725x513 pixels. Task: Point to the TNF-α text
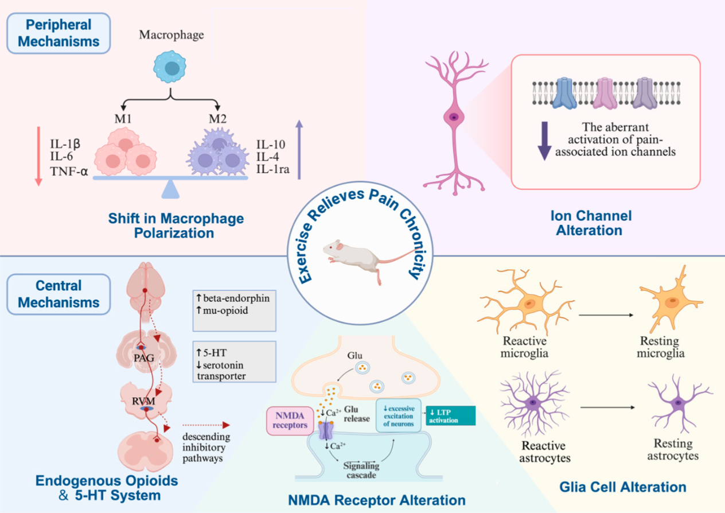(x=69, y=170)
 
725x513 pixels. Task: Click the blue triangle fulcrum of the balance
(x=170, y=189)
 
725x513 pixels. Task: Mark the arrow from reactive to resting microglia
(x=607, y=314)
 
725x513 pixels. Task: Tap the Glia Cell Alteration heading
(x=622, y=487)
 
